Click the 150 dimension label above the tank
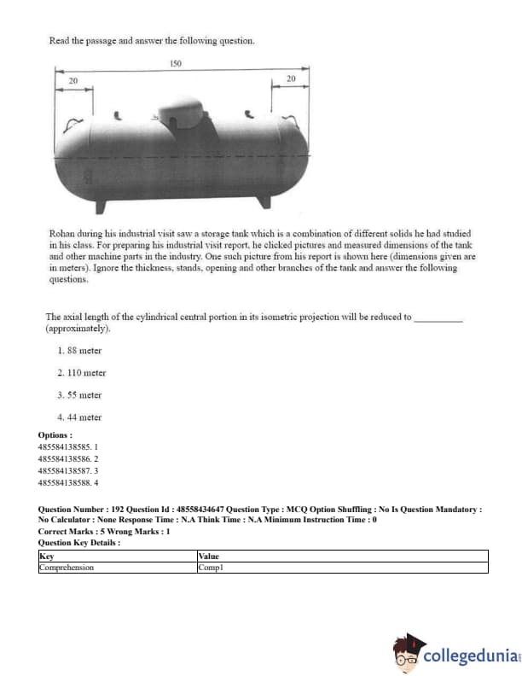point(176,64)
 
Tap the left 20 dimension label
point(72,79)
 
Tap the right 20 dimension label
point(291,79)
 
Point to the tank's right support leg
point(265,201)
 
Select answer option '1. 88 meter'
point(79,351)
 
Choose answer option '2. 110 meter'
point(82,373)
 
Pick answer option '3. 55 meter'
point(79,395)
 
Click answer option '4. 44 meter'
point(79,417)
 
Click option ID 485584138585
point(69,446)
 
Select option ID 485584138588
point(69,482)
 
